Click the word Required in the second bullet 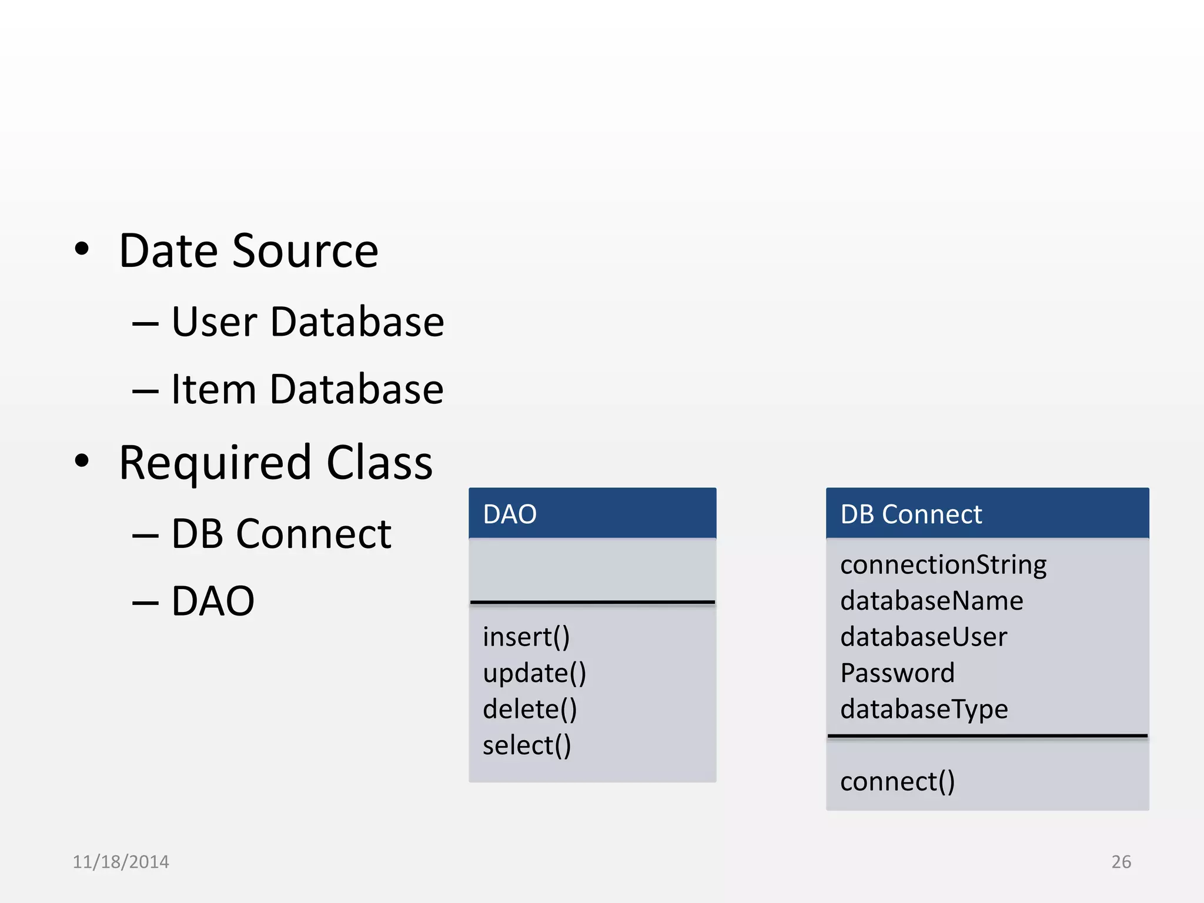click(215, 463)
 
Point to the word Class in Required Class click(379, 463)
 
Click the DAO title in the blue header click(510, 514)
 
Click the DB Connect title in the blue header click(911, 514)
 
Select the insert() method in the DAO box click(526, 637)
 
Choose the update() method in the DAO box click(534, 674)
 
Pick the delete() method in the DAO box click(530, 710)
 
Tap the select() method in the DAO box click(527, 745)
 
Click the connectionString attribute click(943, 565)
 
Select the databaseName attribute click(931, 601)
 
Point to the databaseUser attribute click(924, 637)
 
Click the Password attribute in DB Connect click(897, 673)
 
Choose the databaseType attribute click(924, 710)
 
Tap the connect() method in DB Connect click(897, 782)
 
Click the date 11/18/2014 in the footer click(121, 862)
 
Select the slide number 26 click(1121, 862)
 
